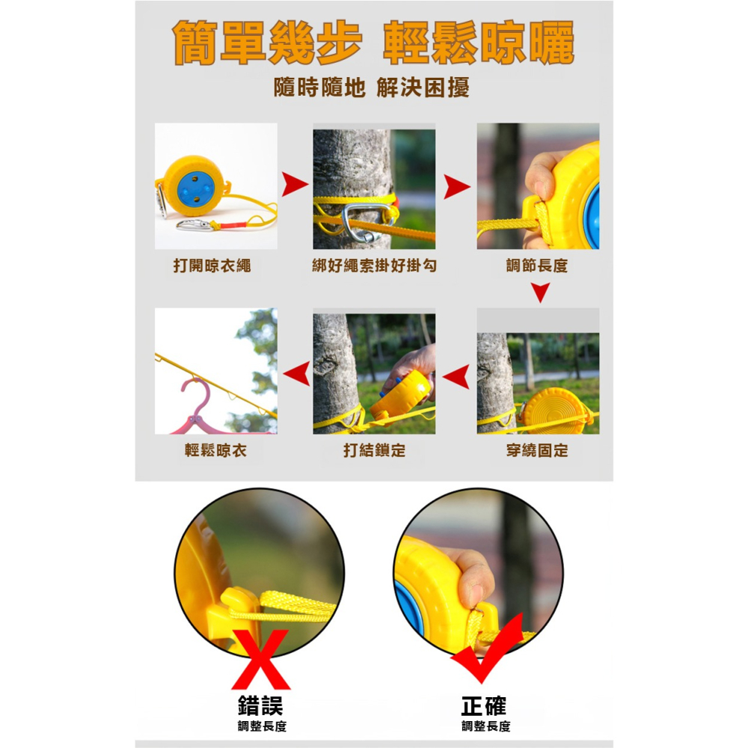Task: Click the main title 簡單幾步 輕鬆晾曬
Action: (x=373, y=43)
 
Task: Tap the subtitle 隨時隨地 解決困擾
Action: (x=372, y=88)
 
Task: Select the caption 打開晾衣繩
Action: (x=212, y=266)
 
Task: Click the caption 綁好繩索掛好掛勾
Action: (x=374, y=266)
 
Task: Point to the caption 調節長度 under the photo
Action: (x=536, y=266)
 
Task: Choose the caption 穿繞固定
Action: (x=536, y=450)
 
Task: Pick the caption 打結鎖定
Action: (x=374, y=450)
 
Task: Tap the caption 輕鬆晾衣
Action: (x=215, y=450)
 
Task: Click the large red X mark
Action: (x=260, y=659)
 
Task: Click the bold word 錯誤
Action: (x=260, y=705)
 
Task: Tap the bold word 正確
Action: (x=484, y=705)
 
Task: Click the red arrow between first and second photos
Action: (x=295, y=186)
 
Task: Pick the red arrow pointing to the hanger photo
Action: (x=297, y=372)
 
